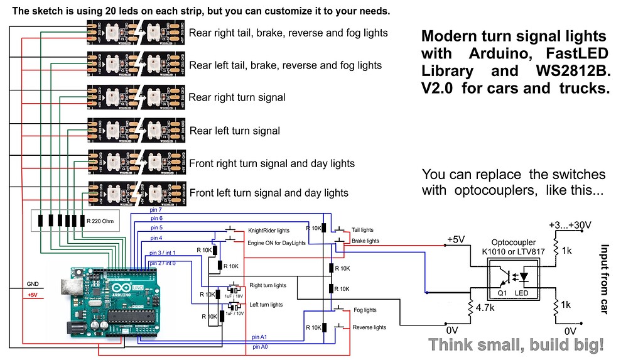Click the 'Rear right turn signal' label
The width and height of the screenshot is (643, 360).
click(x=237, y=97)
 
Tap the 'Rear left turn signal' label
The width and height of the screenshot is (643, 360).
click(x=234, y=131)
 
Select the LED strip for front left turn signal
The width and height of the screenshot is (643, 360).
click(x=136, y=192)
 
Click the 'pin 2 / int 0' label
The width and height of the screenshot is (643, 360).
click(x=162, y=263)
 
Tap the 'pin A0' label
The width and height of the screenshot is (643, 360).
click(x=260, y=346)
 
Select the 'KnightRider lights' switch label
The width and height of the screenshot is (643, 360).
click(x=269, y=231)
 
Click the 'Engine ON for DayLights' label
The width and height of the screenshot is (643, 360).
click(x=276, y=243)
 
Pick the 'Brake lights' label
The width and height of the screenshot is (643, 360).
click(x=365, y=241)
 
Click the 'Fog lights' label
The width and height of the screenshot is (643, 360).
click(x=365, y=310)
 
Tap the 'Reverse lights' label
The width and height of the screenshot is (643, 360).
click(x=369, y=327)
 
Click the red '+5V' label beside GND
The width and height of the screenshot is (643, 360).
click(x=32, y=295)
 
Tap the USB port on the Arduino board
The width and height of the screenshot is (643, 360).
click(x=67, y=286)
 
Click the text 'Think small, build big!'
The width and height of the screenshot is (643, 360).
click(x=516, y=344)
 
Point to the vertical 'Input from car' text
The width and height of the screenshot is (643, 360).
click(x=605, y=280)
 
